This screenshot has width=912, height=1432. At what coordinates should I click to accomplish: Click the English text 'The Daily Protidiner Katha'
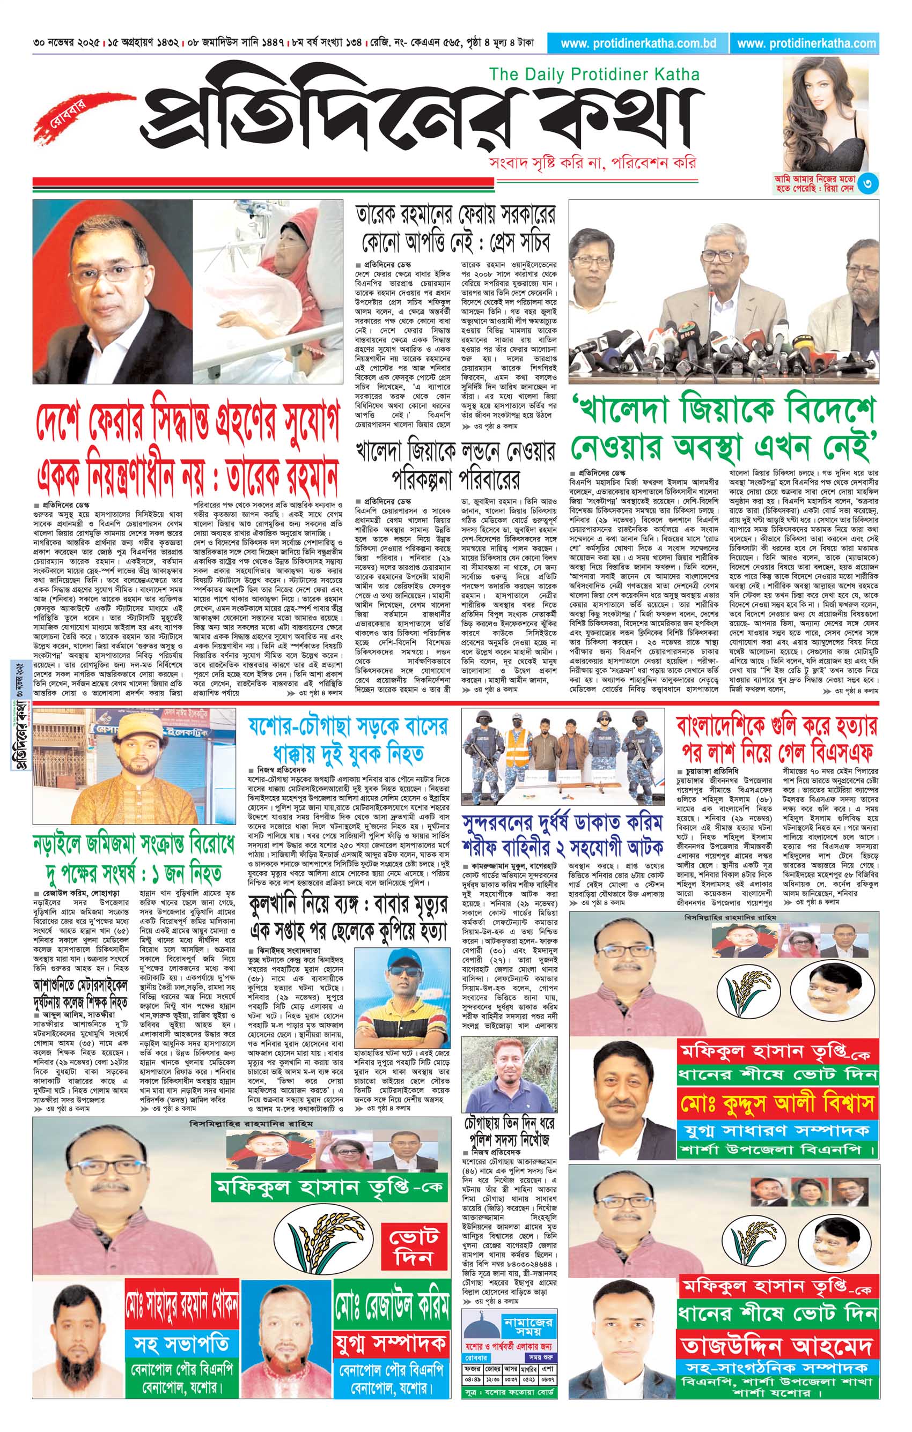click(x=594, y=75)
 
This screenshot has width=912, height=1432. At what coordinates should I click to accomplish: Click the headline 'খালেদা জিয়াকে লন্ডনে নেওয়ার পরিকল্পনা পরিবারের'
click(x=455, y=471)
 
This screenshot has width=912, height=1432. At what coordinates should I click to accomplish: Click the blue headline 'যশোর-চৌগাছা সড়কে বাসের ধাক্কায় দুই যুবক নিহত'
click(x=348, y=740)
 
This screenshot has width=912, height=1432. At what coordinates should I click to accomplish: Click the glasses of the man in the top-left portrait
click(x=109, y=272)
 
